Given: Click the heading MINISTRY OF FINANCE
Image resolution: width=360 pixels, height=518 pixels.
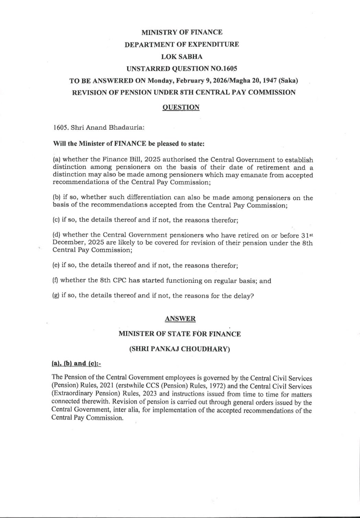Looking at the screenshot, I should click(x=182, y=32).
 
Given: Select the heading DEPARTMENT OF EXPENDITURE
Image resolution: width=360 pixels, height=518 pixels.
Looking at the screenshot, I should click(x=182, y=44).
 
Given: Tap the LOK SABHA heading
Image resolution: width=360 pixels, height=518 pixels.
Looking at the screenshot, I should click(x=182, y=56).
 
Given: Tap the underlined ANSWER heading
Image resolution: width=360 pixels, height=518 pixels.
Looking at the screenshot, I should click(x=180, y=319).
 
